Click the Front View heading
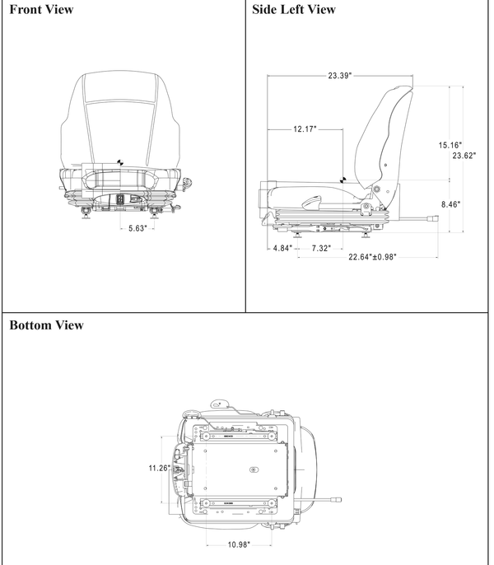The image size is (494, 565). click(41, 10)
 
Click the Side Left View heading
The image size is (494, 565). click(294, 10)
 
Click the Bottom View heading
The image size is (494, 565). click(46, 325)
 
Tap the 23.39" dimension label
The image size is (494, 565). click(339, 76)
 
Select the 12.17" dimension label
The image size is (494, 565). click(304, 129)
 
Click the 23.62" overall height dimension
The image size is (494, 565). click(464, 155)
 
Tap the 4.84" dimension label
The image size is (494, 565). click(283, 247)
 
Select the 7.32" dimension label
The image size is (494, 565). click(321, 247)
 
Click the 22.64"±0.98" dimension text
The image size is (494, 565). click(372, 257)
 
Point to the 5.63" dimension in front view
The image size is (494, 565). click(137, 228)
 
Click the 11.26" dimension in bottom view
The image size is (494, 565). click(159, 468)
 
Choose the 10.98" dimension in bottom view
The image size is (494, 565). click(239, 544)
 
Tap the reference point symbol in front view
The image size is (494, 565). click(121, 162)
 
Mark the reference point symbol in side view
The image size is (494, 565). click(347, 175)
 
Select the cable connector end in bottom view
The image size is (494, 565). click(336, 499)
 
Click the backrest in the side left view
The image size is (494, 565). click(387, 132)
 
